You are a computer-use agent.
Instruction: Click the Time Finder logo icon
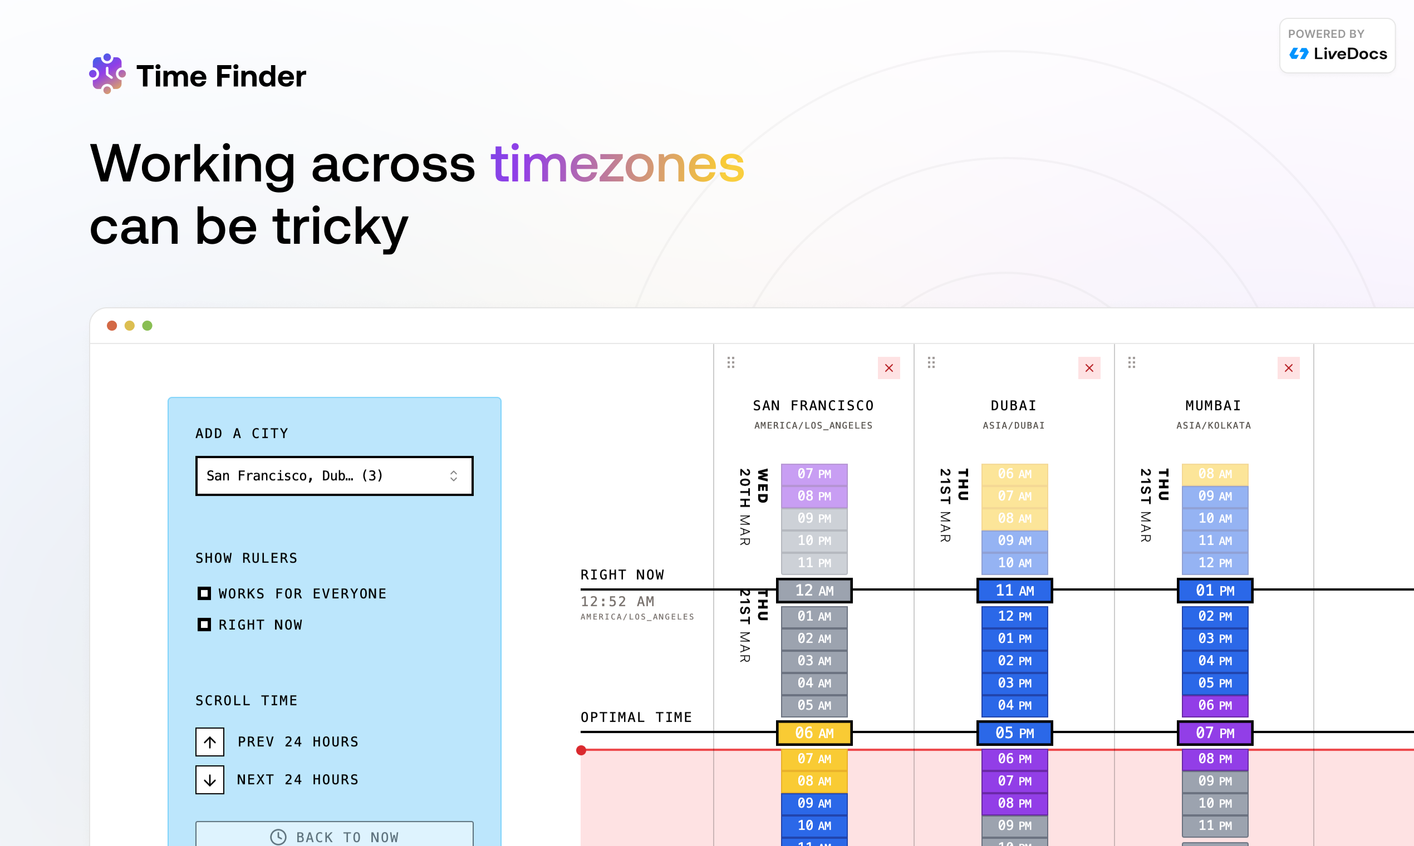click(x=107, y=74)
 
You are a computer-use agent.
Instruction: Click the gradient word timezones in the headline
click(x=617, y=165)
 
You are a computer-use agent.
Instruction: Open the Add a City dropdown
click(x=334, y=475)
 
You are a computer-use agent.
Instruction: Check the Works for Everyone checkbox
click(x=204, y=593)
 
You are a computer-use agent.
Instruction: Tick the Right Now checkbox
click(x=204, y=625)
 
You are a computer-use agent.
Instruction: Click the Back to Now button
click(x=334, y=836)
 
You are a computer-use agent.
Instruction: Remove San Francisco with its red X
click(x=888, y=368)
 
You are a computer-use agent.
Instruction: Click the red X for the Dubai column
click(x=1089, y=368)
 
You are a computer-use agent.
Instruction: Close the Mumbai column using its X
click(x=1288, y=368)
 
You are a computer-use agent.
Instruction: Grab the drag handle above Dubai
click(x=931, y=362)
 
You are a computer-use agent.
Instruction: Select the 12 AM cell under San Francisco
click(x=814, y=591)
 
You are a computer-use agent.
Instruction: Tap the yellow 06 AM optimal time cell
click(x=814, y=733)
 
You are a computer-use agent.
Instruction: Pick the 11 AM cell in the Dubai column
click(x=1014, y=591)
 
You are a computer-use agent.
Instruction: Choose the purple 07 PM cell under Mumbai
click(x=1215, y=733)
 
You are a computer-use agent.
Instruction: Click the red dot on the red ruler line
click(x=581, y=750)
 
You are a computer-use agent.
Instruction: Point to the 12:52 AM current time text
click(x=617, y=602)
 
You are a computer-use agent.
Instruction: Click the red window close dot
click(x=112, y=326)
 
